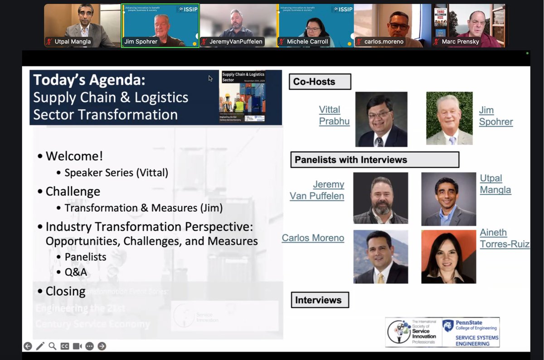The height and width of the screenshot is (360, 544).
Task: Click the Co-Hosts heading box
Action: coord(320,82)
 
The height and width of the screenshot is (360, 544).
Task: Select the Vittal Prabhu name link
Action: coord(334,116)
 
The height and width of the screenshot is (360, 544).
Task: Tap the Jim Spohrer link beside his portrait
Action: coord(495,116)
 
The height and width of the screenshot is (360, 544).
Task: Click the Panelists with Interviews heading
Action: coord(374,160)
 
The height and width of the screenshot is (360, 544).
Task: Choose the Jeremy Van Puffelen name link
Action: coord(317,190)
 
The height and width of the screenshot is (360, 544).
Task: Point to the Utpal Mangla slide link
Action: coord(495,184)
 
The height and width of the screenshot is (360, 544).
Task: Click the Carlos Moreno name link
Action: coord(313,238)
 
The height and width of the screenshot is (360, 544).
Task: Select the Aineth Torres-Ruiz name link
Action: coord(505,238)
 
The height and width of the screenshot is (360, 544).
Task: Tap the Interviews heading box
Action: coord(319,300)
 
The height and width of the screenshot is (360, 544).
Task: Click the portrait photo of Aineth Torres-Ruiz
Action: coord(448,257)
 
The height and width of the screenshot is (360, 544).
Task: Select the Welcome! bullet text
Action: coord(74,156)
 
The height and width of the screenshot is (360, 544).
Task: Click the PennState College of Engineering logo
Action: coord(471,332)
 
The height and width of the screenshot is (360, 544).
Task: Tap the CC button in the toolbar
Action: coord(65,346)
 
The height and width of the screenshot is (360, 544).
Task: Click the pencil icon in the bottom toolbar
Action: coord(40,346)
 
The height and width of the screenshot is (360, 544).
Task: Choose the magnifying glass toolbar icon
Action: coord(53,346)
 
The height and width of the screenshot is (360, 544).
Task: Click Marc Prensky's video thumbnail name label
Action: coord(461,42)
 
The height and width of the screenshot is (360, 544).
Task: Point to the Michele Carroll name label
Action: coord(307,42)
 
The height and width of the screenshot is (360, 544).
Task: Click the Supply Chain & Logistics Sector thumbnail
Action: coord(251,97)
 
